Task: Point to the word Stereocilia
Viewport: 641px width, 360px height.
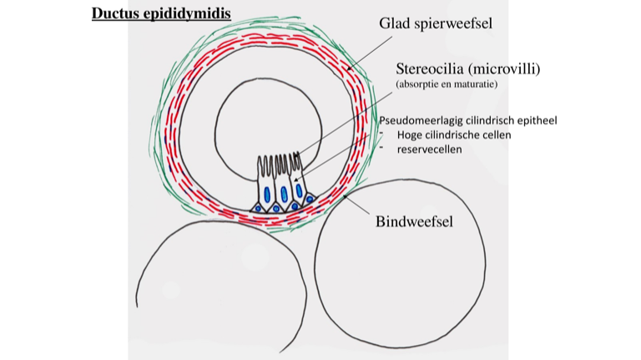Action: [431, 68]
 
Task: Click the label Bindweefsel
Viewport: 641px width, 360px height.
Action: [414, 222]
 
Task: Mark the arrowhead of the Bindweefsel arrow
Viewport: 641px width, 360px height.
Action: [345, 194]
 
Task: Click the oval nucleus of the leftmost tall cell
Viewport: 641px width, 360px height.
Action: [267, 194]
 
